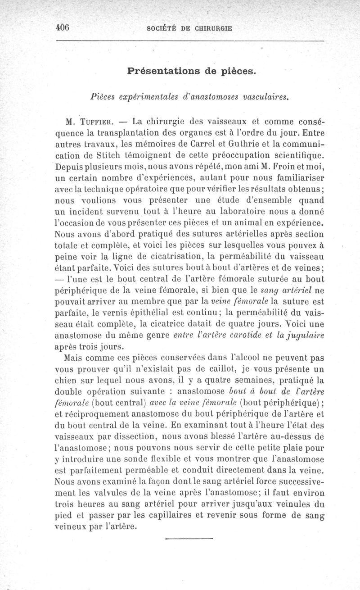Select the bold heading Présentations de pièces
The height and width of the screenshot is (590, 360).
point(192,71)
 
